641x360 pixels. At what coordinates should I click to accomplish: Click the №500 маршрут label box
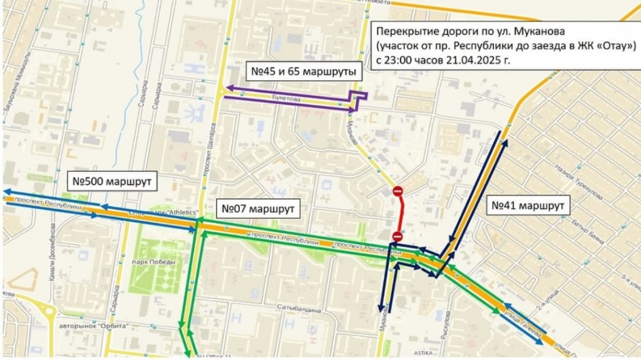tap(111, 183)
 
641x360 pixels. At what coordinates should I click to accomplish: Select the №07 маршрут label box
tap(258, 207)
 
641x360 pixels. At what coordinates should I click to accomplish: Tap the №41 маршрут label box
tap(527, 205)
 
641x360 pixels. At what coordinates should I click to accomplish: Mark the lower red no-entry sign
tap(397, 235)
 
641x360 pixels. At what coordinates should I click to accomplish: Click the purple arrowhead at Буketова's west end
tap(228, 88)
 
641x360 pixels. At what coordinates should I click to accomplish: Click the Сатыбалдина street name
tap(299, 308)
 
